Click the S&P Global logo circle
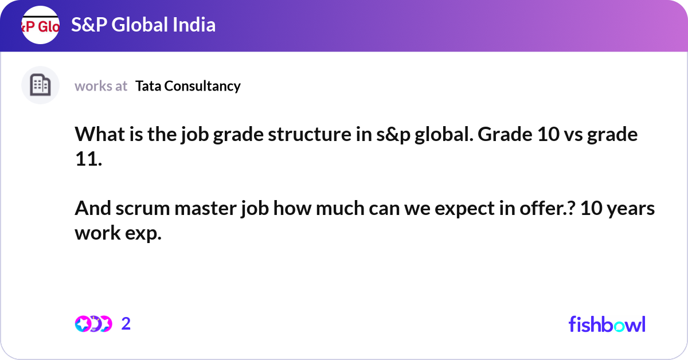coord(40,25)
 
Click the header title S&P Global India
coord(143,25)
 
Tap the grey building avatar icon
coord(40,85)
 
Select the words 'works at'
coord(101,86)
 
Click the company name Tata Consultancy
coord(188,86)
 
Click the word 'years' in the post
coord(631,209)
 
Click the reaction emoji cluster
coord(93,324)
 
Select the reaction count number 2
coord(126,324)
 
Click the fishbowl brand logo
coord(607,324)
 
